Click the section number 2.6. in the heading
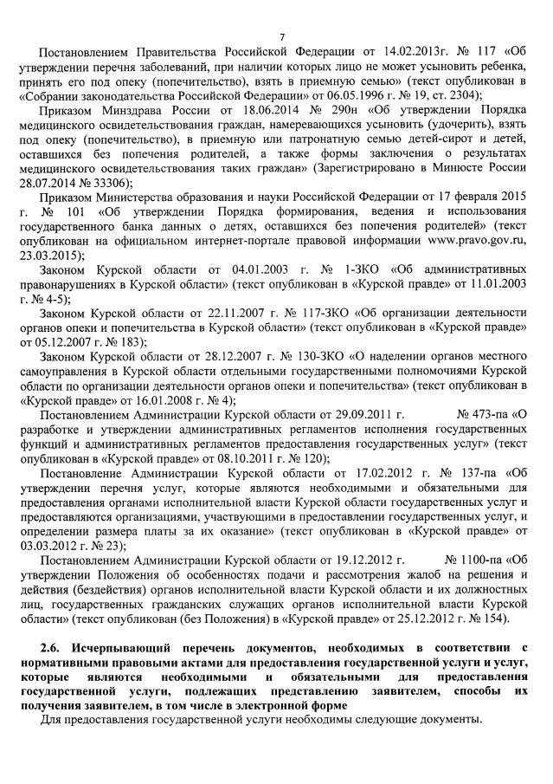[52, 647]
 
